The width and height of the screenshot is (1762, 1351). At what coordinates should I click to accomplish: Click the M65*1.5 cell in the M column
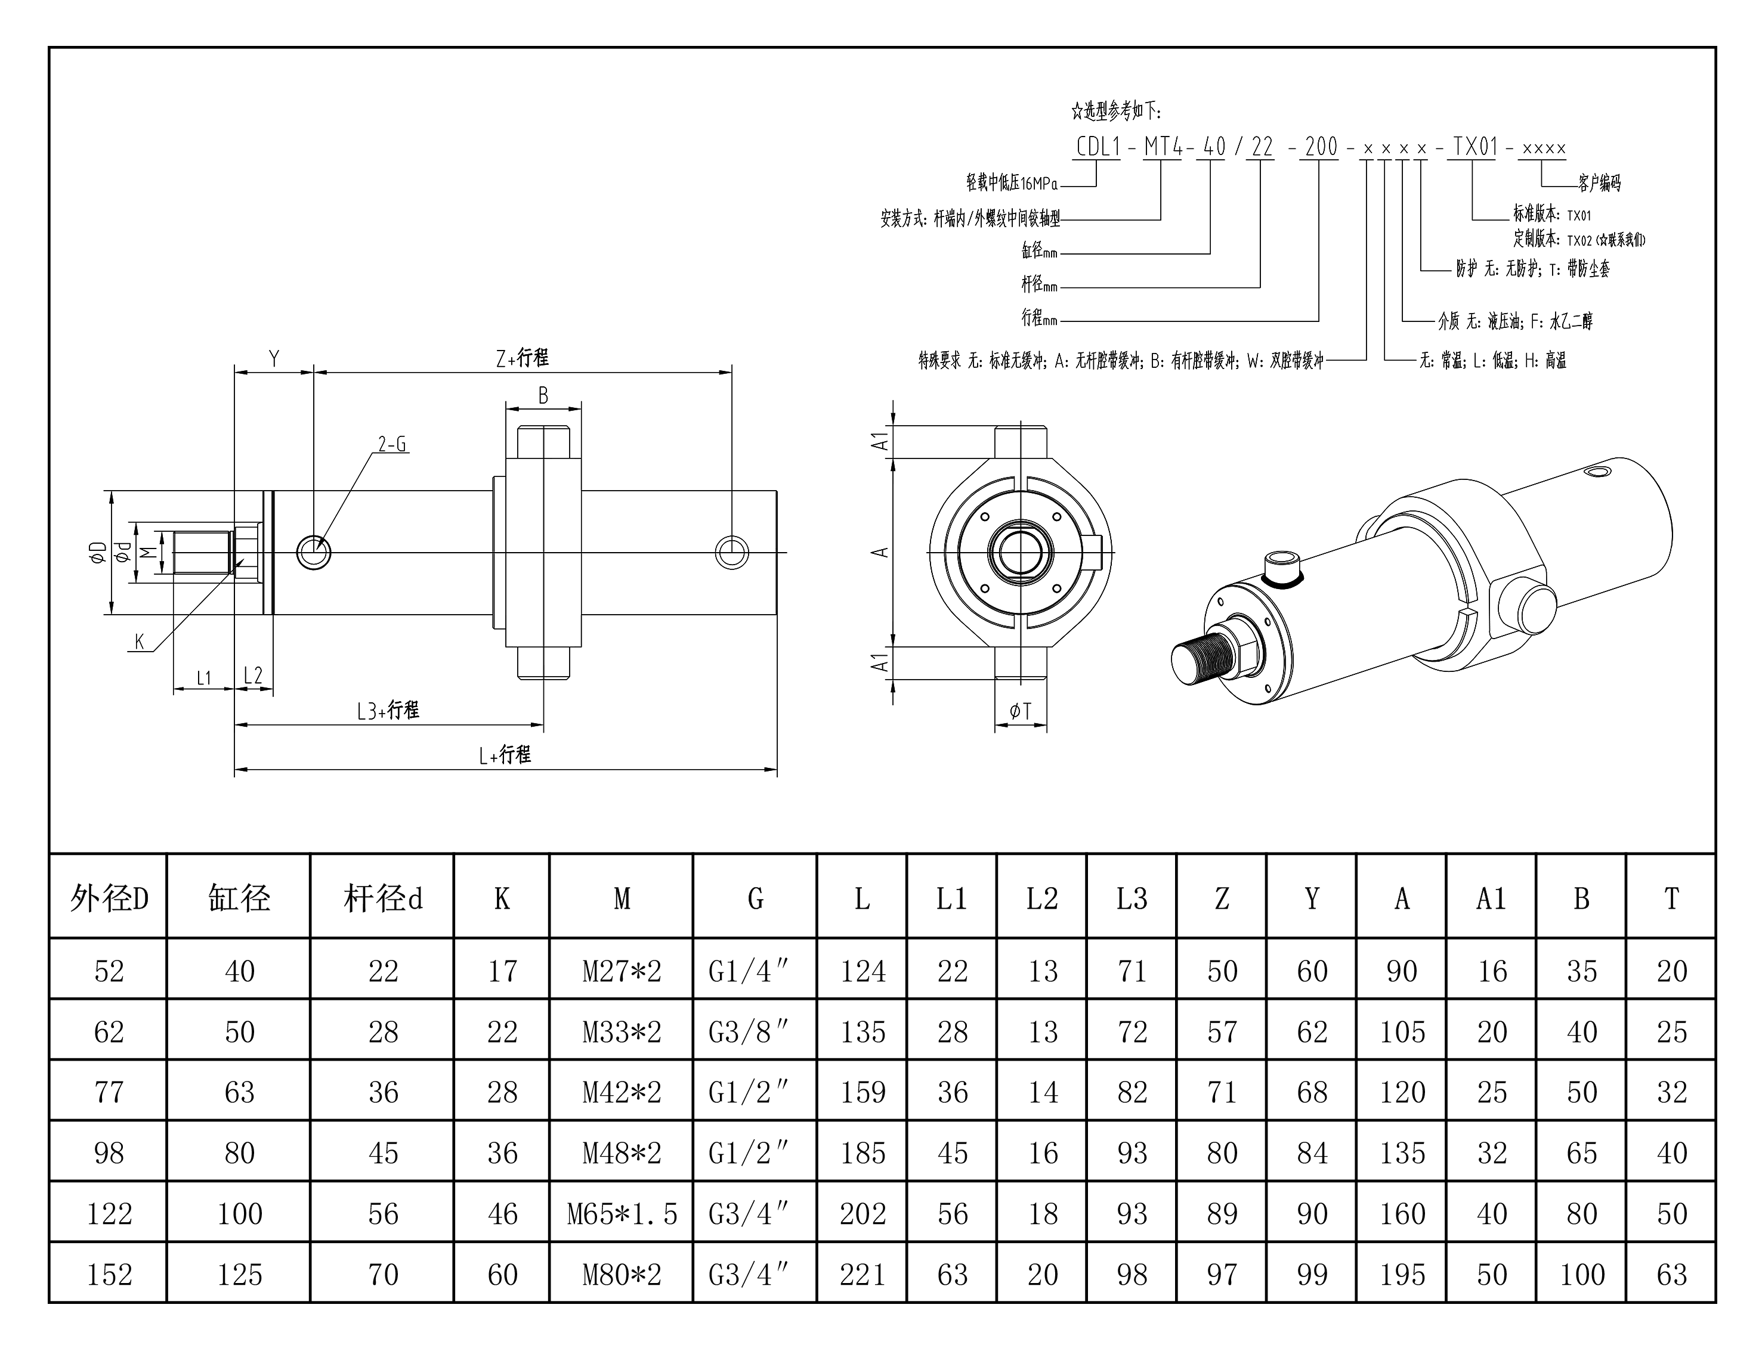pyautogui.click(x=622, y=1213)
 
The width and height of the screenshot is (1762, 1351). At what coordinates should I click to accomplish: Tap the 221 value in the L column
pyautogui.click(x=863, y=1275)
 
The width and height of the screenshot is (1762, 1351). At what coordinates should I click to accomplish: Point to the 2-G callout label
pyautogui.click(x=392, y=444)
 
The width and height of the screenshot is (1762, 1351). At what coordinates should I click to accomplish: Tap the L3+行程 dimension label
pyautogui.click(x=388, y=710)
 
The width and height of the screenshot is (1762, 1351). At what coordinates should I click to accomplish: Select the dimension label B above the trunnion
pyautogui.click(x=543, y=396)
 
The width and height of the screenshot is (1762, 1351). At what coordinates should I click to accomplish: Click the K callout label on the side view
pyautogui.click(x=139, y=642)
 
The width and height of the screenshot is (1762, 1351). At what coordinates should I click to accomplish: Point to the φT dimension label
pyautogui.click(x=1020, y=711)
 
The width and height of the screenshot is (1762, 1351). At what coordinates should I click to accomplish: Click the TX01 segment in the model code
pyautogui.click(x=1474, y=147)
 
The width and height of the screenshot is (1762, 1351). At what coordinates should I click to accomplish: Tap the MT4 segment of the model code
pyautogui.click(x=1162, y=147)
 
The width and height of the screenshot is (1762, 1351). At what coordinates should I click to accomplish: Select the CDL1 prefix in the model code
pyautogui.click(x=1098, y=147)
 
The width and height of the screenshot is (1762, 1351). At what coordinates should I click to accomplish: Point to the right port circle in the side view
pyautogui.click(x=731, y=553)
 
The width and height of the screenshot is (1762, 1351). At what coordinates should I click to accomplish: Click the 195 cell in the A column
pyautogui.click(x=1402, y=1275)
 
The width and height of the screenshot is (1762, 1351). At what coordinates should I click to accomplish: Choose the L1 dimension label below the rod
pyautogui.click(x=203, y=678)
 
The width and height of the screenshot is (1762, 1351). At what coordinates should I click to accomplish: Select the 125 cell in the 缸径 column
pyautogui.click(x=239, y=1275)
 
